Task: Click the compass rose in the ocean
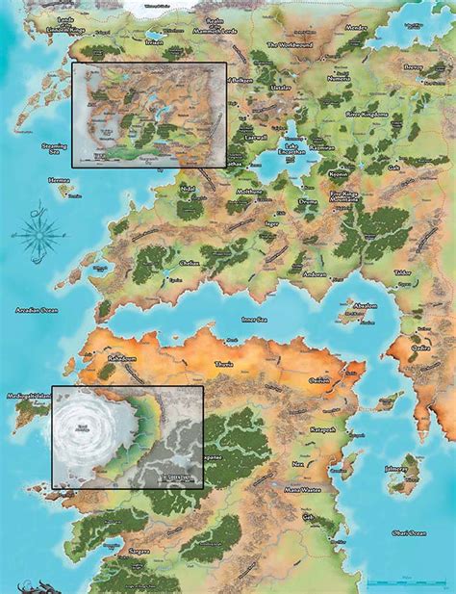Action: [x=38, y=231]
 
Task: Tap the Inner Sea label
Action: [x=253, y=320]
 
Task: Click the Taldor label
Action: [x=403, y=273]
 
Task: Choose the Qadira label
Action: [x=420, y=350]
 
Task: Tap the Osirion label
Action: [x=320, y=378]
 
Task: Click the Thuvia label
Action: [x=222, y=367]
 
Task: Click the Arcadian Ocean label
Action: [x=38, y=311]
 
